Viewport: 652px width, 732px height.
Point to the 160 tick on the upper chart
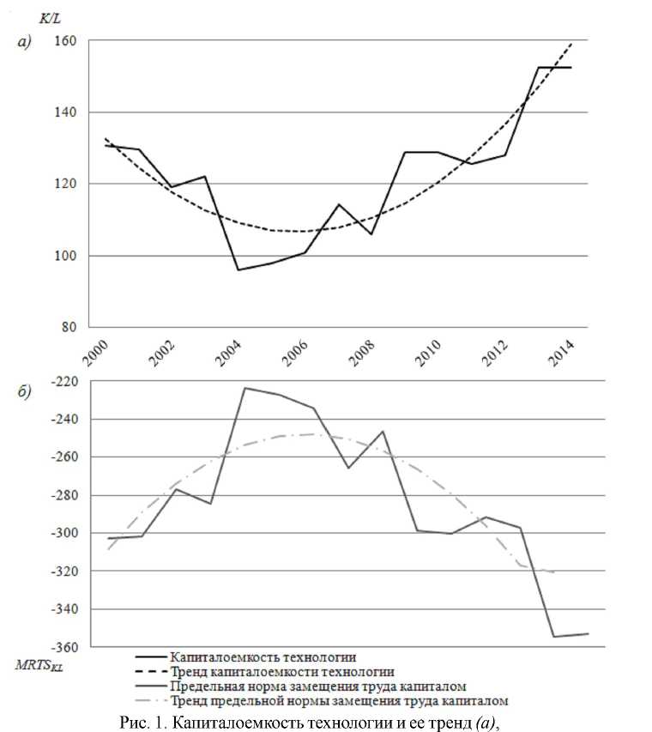(67, 41)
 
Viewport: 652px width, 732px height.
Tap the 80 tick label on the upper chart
(70, 327)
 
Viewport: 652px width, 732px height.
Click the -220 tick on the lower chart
(64, 381)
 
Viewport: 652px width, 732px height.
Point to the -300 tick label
(64, 533)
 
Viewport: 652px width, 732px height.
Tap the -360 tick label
(64, 647)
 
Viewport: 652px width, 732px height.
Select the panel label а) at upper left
(24, 42)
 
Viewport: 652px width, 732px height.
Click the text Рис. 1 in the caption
(140, 721)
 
